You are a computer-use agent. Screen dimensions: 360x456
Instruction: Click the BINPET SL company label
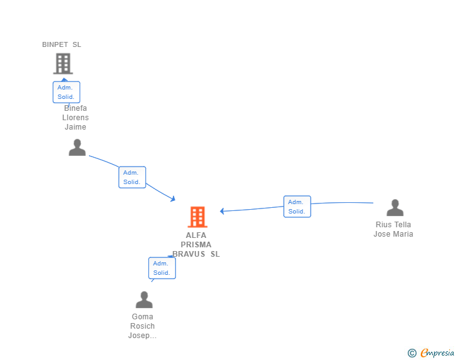pyautogui.click(x=61, y=44)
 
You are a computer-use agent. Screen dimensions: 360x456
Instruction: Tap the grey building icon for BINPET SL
pyautogui.click(x=63, y=63)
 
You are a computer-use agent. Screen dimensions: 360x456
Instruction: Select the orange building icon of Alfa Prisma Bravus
pyautogui.click(x=197, y=217)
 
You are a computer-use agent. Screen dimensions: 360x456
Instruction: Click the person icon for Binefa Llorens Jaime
pyautogui.click(x=77, y=147)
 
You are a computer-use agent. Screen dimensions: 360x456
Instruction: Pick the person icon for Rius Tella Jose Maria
pyautogui.click(x=395, y=207)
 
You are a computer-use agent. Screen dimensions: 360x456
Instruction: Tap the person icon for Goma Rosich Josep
pyautogui.click(x=144, y=299)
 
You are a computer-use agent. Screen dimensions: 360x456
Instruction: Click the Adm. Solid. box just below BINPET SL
pyautogui.click(x=66, y=92)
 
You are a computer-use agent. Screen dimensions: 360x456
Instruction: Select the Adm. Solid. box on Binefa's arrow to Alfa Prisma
pyautogui.click(x=132, y=177)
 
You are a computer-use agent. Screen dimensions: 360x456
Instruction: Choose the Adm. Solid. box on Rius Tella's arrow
pyautogui.click(x=297, y=207)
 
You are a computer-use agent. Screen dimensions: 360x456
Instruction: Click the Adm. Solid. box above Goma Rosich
pyautogui.click(x=162, y=268)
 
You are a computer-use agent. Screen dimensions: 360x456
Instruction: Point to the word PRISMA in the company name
pyautogui.click(x=196, y=245)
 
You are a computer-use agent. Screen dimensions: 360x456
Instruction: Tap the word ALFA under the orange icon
pyautogui.click(x=196, y=235)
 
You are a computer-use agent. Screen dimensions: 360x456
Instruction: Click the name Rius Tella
pyautogui.click(x=393, y=225)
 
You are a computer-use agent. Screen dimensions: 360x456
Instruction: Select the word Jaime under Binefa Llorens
pyautogui.click(x=75, y=127)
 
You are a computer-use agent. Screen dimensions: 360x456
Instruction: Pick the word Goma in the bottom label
pyautogui.click(x=142, y=317)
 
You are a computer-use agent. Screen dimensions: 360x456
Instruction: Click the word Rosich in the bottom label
pyautogui.click(x=142, y=326)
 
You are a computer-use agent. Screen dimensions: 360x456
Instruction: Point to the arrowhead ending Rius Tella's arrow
pyautogui.click(x=222, y=211)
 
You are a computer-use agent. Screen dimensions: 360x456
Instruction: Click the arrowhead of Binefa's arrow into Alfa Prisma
pyautogui.click(x=172, y=199)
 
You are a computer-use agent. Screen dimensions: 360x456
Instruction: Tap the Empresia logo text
pyautogui.click(x=437, y=353)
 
